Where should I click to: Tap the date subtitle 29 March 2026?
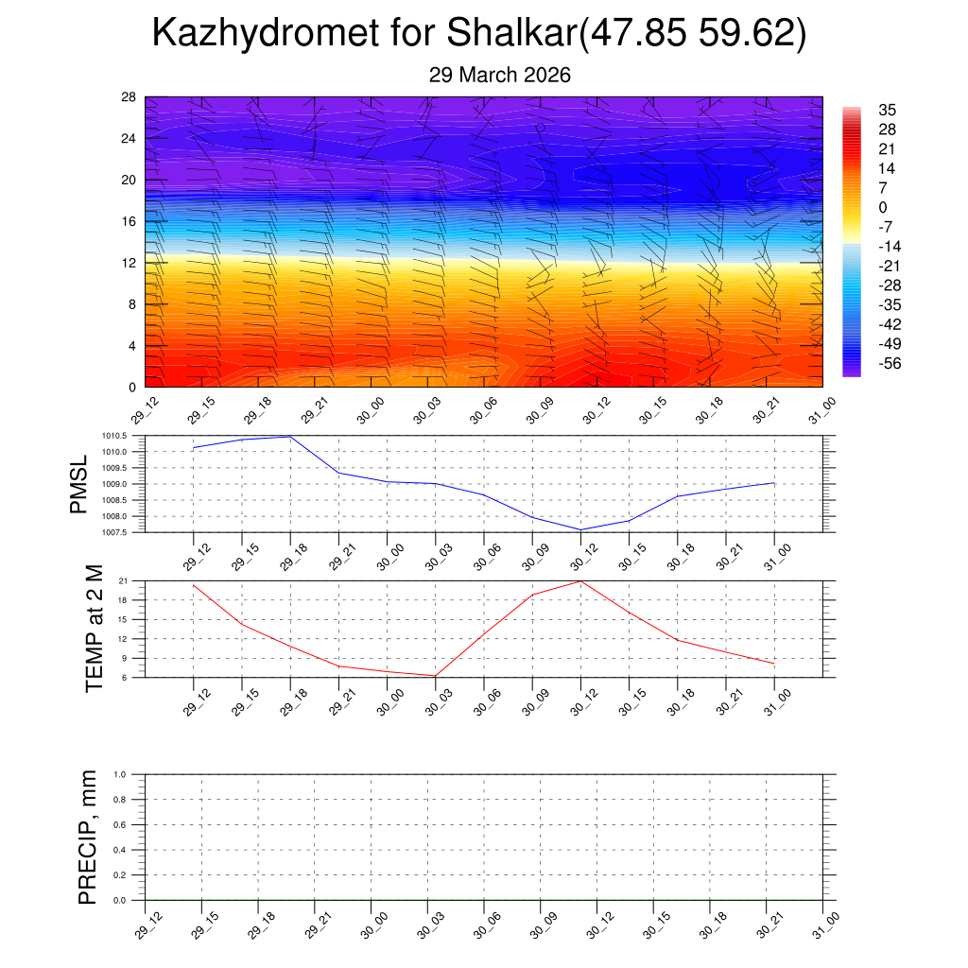click(x=499, y=75)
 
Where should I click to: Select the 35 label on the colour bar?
click(x=887, y=110)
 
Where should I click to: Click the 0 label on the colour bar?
click(x=883, y=207)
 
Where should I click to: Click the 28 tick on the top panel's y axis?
click(x=129, y=97)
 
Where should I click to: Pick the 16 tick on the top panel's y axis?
click(x=129, y=221)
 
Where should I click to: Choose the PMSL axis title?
click(x=78, y=484)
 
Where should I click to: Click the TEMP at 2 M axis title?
click(x=94, y=629)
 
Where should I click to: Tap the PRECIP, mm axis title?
click(x=88, y=837)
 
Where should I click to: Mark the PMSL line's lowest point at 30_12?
click(x=580, y=529)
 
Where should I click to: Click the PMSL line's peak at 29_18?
click(x=290, y=437)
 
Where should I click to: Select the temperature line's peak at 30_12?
click(x=580, y=580)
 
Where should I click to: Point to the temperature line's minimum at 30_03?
click(x=435, y=676)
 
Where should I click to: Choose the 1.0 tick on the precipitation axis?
click(x=132, y=774)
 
